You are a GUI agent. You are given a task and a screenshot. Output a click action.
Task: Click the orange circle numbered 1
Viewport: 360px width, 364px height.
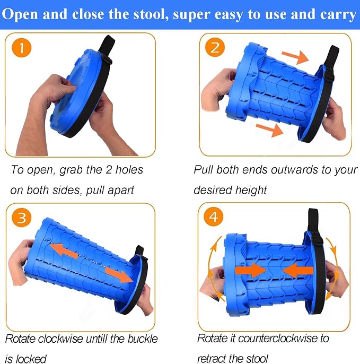22,48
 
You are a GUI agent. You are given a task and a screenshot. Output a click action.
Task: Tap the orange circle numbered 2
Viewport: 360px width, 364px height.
215,47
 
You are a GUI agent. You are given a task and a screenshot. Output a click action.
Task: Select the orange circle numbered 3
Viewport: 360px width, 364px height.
22,218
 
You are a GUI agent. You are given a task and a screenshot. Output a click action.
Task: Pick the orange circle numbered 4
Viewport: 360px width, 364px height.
214,217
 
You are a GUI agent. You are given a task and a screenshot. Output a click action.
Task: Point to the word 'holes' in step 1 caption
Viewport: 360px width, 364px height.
129,170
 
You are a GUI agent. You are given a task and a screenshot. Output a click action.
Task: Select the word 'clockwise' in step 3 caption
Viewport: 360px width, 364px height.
60,339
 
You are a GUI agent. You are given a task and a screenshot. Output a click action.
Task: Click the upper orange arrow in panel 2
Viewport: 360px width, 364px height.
295,57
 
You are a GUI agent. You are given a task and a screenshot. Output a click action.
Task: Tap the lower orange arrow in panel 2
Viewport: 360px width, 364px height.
269,130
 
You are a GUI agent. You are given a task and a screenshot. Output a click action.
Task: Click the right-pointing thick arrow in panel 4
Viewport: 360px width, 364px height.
250,271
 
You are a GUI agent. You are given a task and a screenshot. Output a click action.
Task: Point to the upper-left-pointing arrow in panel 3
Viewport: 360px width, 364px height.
64,250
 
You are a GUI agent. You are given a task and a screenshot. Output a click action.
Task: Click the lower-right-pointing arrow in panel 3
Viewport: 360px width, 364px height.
119,274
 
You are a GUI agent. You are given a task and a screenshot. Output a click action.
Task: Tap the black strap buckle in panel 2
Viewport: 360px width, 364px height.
329,75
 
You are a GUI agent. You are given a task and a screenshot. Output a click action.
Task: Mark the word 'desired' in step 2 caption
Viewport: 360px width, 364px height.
213,190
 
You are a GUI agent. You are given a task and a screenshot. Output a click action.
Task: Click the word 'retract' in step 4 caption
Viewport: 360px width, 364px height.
214,359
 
